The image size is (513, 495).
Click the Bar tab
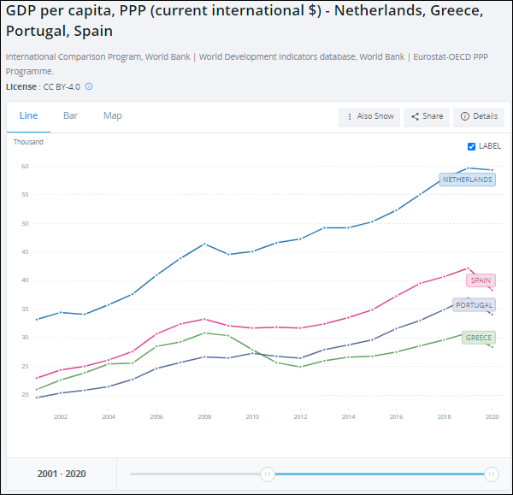71,115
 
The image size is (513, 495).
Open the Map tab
113,115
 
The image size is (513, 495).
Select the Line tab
28,115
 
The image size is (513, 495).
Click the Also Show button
369,116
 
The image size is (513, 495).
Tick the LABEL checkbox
471,146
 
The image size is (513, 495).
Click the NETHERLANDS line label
467,180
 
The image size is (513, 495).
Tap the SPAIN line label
481,280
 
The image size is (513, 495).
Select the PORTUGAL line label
474,305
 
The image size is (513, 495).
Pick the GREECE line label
478,338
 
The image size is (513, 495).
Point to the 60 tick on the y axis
26,167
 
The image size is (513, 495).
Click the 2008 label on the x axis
204,416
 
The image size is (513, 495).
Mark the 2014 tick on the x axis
348,416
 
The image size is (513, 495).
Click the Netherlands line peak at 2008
204,244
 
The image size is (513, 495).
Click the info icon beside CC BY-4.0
89,86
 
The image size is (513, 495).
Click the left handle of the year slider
268,474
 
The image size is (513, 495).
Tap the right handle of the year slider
491,474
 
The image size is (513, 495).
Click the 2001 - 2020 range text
62,474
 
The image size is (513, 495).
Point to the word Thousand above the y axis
28,142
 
